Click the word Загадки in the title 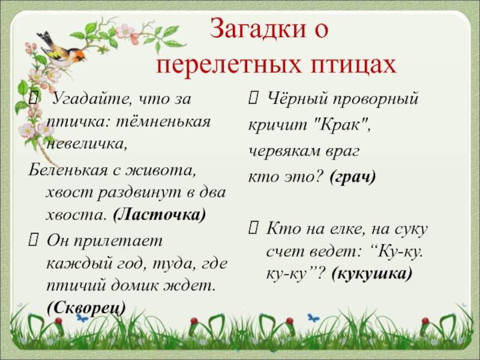(257, 29)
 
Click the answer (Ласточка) (159, 214)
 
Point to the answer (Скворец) (86, 308)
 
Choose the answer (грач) (353, 177)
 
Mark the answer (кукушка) (371, 274)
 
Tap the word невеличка (86, 144)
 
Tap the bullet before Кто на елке (253, 227)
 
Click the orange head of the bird (78, 55)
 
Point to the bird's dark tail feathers (44, 38)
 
